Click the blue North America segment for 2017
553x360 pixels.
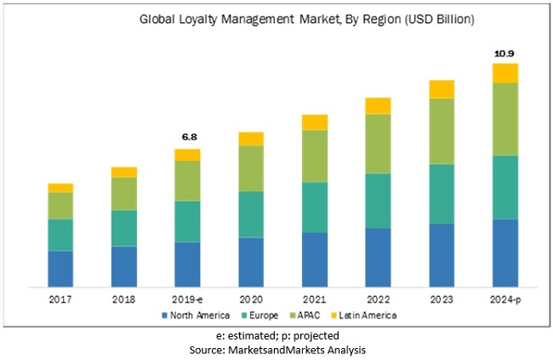[60, 269]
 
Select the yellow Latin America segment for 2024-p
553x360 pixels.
[505, 72]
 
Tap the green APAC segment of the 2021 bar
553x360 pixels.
[315, 156]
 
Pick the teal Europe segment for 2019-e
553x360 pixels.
[187, 221]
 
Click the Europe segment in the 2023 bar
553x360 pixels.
[442, 193]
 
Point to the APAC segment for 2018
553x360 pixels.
[124, 193]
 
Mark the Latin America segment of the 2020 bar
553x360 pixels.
[251, 139]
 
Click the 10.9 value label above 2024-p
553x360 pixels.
[505, 54]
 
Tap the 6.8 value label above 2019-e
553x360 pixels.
[187, 137]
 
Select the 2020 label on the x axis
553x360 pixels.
[251, 300]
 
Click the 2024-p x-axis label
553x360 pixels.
[505, 300]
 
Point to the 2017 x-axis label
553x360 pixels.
[60, 300]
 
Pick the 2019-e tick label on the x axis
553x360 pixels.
[187, 300]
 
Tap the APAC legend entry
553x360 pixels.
[311, 316]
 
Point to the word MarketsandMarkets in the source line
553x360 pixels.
[282, 350]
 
